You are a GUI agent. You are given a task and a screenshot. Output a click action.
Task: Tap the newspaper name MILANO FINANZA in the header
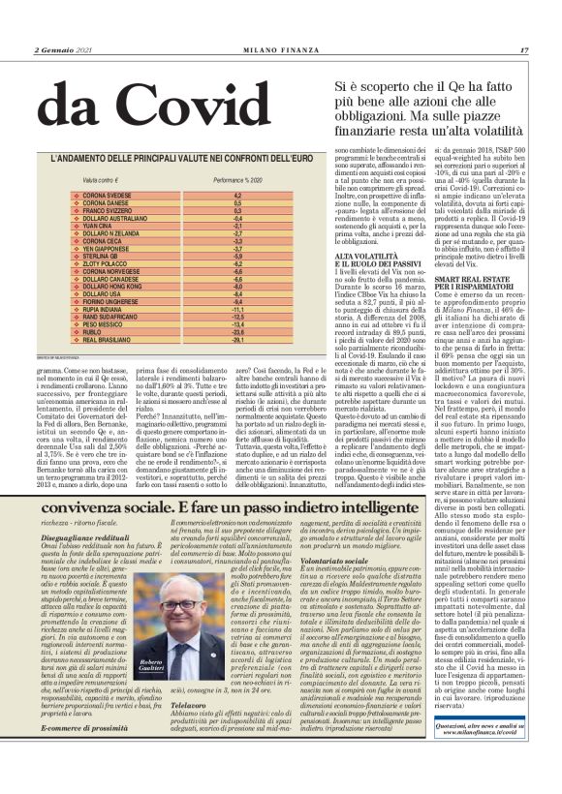coord(280,49)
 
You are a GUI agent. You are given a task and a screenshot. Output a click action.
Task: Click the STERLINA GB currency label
coord(106,256)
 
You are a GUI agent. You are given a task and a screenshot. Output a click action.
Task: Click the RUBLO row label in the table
coord(98,332)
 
